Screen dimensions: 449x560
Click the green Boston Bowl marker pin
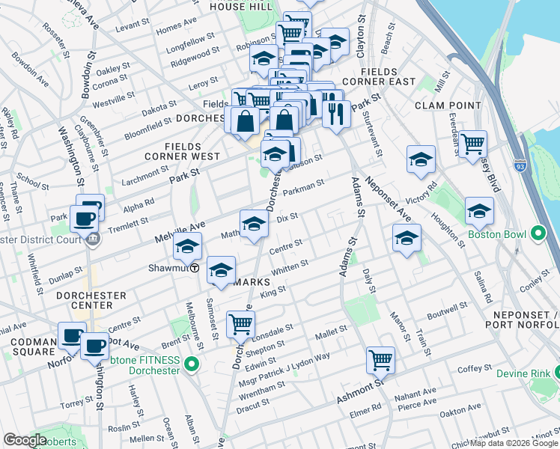(536, 234)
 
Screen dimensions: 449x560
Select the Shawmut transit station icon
(195, 268)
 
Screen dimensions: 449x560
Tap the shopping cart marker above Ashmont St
(380, 360)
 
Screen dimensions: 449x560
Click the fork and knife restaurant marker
(336, 113)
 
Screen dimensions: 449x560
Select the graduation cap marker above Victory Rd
(421, 159)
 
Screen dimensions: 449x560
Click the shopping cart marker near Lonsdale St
(240, 324)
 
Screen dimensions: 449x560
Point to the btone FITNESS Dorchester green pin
(192, 364)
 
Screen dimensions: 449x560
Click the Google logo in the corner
(25, 440)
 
